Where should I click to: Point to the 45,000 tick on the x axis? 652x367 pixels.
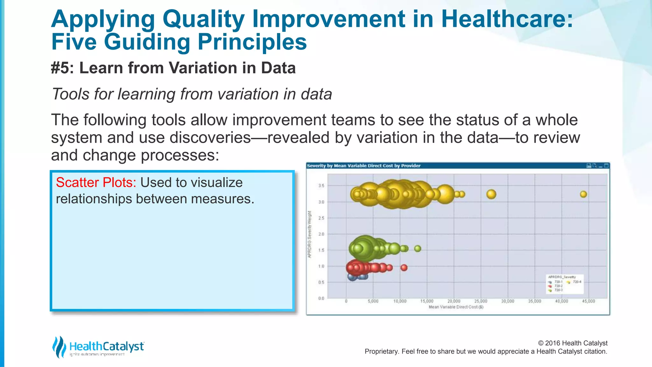588,301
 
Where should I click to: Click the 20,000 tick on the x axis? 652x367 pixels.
454,301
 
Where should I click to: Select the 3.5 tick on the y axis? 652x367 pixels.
321,186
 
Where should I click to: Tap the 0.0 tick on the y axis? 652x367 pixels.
321,299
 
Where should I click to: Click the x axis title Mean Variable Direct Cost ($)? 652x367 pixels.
456,307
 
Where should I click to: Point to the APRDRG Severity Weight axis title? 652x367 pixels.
309,234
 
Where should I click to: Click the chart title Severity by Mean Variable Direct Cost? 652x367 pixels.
364,166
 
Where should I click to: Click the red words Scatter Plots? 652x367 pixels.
96,183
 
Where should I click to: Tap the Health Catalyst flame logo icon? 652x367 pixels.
59,347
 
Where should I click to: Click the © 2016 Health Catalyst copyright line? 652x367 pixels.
572,343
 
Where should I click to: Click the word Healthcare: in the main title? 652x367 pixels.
507,19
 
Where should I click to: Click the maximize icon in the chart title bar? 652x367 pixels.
606,166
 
